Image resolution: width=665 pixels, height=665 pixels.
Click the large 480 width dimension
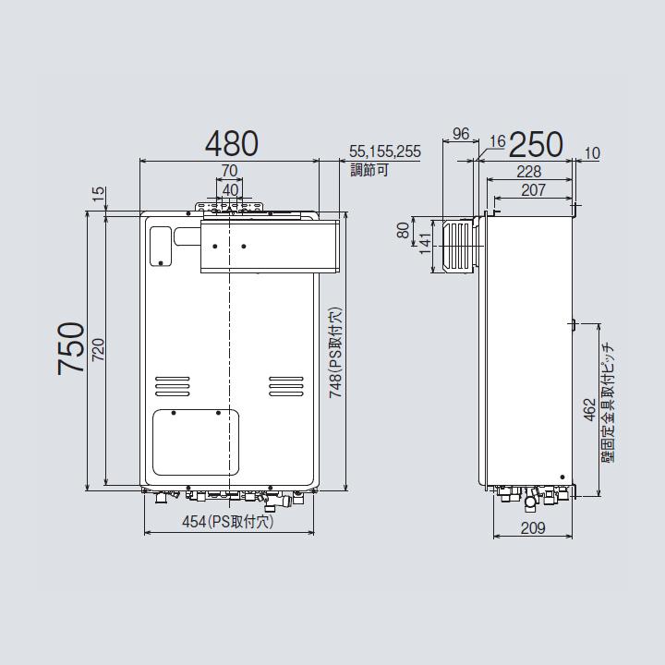(231, 143)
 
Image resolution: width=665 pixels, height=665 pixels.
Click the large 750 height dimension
(71, 348)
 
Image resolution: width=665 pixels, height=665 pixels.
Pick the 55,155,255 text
(385, 151)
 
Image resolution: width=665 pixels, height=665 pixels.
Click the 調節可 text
(368, 169)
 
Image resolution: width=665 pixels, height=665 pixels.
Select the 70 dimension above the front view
(229, 170)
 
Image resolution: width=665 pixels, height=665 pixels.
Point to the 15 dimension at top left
(98, 193)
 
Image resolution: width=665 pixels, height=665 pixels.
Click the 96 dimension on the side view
(461, 135)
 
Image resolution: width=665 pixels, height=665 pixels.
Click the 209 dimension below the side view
(533, 528)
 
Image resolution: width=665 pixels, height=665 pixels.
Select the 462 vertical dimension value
(589, 410)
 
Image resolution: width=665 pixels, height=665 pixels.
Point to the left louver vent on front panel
(170, 384)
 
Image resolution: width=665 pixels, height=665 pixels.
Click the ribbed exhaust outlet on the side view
(457, 245)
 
